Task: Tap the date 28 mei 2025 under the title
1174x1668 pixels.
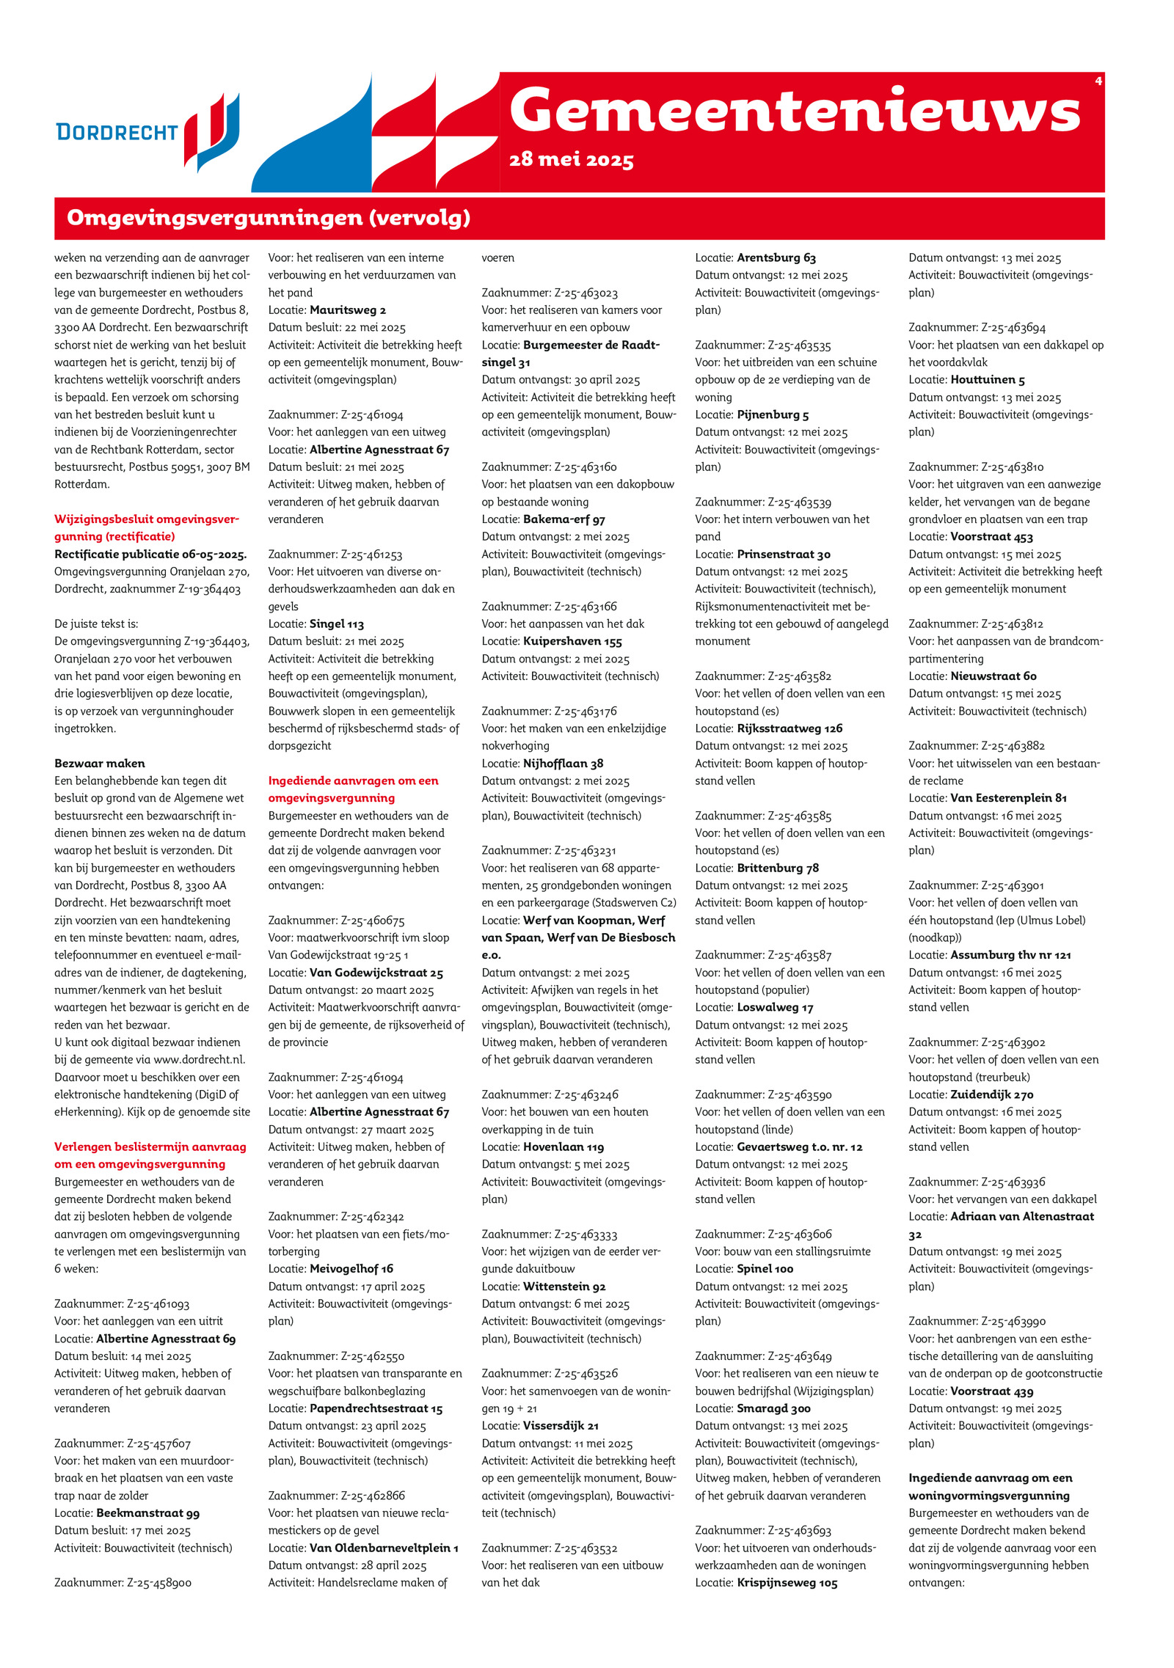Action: [571, 160]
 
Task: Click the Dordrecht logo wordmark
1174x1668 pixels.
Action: [117, 132]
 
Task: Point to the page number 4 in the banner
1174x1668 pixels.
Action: [1098, 81]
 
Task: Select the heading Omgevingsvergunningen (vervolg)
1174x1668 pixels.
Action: [269, 218]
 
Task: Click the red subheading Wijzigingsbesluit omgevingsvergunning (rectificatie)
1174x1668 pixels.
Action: [147, 527]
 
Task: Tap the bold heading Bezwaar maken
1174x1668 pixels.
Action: [100, 763]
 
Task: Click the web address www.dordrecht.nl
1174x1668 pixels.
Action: [199, 1059]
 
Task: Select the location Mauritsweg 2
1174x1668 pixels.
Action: [348, 310]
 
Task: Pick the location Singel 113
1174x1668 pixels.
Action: [337, 623]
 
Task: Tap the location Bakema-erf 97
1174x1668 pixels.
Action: [564, 519]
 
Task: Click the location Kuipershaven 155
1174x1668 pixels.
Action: [572, 641]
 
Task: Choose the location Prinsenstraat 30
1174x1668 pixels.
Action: [784, 554]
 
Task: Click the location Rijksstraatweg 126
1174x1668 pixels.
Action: [790, 728]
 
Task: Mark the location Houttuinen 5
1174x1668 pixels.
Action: [988, 379]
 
